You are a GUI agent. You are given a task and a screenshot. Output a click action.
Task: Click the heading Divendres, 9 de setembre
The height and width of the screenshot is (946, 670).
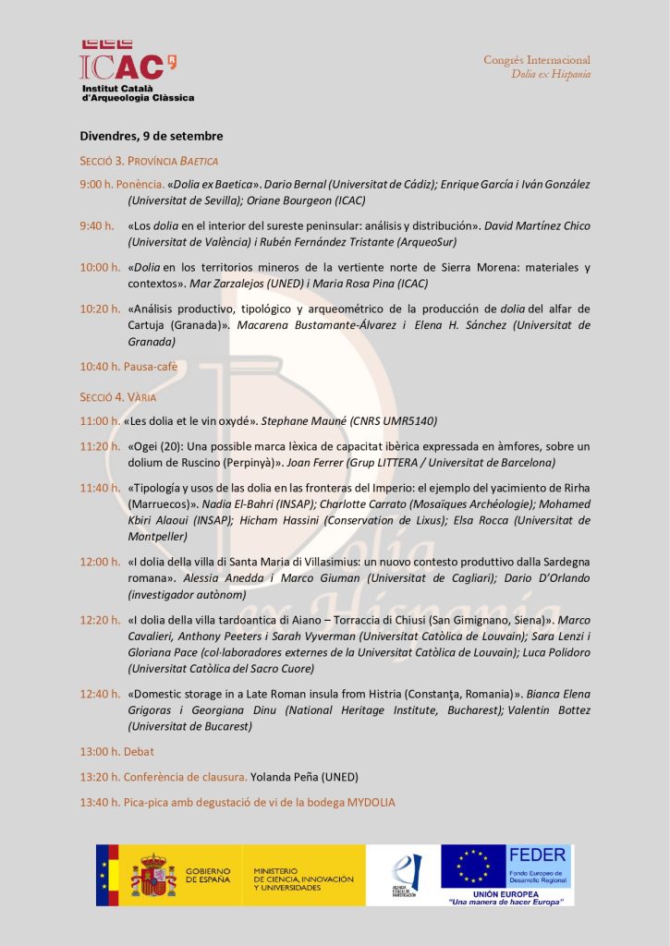point(152,136)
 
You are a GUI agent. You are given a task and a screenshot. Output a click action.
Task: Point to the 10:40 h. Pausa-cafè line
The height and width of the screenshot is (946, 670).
point(128,366)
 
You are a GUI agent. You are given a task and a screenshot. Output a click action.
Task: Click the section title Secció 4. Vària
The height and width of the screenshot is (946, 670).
point(117,397)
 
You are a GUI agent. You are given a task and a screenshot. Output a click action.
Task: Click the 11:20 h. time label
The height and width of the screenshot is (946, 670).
point(99,446)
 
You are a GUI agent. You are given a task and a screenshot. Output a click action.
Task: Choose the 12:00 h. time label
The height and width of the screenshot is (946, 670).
point(99,562)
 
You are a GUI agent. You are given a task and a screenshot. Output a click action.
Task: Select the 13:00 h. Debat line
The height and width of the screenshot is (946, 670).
point(116,751)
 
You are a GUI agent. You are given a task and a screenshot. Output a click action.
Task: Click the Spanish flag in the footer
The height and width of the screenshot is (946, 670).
point(103,874)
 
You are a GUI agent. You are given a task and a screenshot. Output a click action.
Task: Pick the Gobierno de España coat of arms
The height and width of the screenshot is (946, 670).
point(152,875)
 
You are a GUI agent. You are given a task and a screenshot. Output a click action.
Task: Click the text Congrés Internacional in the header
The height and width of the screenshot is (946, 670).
point(536,60)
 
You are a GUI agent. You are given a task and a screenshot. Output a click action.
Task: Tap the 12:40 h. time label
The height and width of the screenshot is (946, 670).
point(99,694)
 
